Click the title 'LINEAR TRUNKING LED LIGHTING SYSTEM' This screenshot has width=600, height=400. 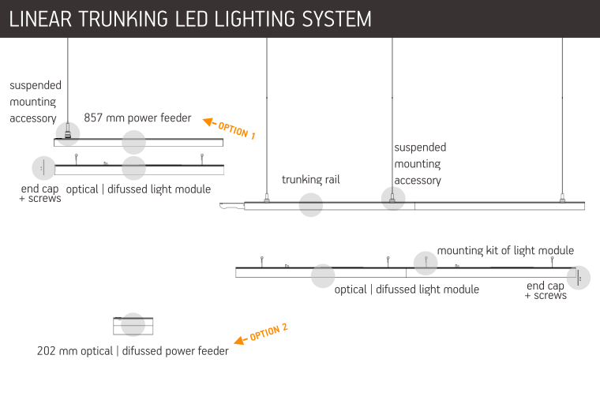190,19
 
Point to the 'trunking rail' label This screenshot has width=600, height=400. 311,180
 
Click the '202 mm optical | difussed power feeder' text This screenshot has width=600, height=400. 133,351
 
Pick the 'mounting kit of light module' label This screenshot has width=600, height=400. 505,250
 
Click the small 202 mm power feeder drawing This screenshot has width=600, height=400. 133,325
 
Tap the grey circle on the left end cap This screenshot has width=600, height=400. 43,168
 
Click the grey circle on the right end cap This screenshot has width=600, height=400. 579,278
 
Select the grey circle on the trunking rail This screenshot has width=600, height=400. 311,205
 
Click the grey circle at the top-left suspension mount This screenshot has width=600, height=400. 68,133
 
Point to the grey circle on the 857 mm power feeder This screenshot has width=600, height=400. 134,142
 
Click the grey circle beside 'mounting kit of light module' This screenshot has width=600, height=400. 425,262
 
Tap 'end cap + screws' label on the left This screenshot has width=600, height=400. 39,194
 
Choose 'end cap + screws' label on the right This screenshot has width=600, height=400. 546,290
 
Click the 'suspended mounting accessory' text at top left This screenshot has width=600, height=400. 35,102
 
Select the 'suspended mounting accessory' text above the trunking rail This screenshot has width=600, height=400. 419,164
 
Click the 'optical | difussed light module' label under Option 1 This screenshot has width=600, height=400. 139,189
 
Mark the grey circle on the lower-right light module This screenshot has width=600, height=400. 323,275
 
